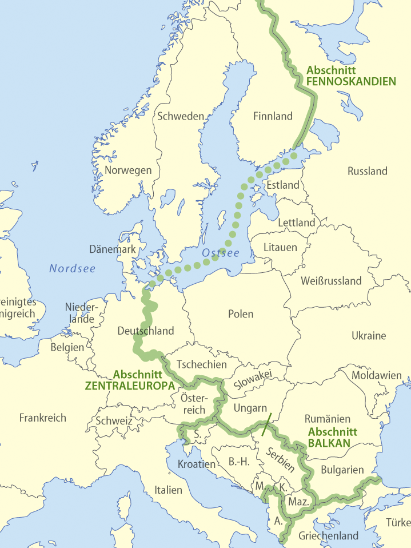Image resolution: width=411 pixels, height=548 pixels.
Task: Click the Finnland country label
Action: (x=273, y=116)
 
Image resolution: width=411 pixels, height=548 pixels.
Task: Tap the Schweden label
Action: (x=180, y=116)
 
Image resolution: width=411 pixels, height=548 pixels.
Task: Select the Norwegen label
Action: (x=129, y=170)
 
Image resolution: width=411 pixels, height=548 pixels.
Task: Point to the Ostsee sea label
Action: (x=221, y=252)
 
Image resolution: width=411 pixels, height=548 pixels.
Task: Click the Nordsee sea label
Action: (x=72, y=268)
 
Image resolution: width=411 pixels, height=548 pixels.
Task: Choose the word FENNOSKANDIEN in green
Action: (x=351, y=81)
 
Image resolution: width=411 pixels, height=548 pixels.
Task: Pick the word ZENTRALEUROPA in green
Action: (x=130, y=386)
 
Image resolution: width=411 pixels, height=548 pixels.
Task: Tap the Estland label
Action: (x=283, y=185)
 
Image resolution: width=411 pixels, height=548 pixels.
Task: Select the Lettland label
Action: (x=296, y=222)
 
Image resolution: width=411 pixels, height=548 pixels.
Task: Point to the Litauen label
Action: (x=280, y=247)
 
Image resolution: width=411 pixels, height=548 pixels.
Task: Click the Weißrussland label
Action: (x=331, y=280)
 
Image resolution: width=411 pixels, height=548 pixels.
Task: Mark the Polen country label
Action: (x=241, y=313)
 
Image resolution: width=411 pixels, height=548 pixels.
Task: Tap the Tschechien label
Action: (x=201, y=364)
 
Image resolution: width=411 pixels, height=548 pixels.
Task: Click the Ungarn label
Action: (x=250, y=408)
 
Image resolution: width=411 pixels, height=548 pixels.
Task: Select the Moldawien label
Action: (x=376, y=375)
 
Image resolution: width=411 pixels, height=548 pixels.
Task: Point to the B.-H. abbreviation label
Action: (x=238, y=461)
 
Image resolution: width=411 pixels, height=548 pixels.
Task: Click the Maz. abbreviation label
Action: (x=299, y=502)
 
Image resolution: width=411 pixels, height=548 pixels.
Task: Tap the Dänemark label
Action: (x=113, y=249)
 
